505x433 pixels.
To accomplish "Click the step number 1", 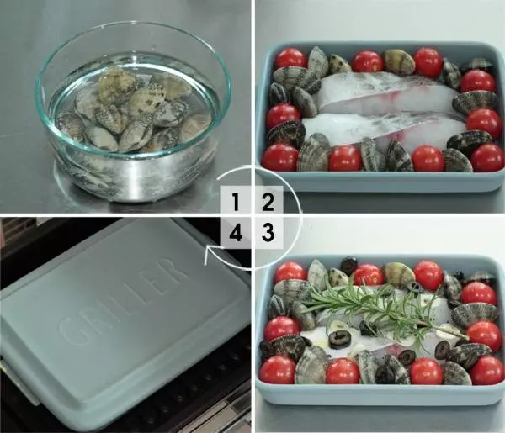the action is pos(236,203).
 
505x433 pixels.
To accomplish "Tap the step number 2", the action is pos(268,203).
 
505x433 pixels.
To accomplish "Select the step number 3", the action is pos(268,232).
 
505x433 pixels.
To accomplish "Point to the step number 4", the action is pos(236,232).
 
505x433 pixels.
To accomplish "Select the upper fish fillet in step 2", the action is pos(386,92).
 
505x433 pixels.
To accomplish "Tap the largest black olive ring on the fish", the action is pos(339,340).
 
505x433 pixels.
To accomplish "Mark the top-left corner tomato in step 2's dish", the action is pos(290,59).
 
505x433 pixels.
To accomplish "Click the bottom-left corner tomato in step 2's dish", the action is pos(280,157).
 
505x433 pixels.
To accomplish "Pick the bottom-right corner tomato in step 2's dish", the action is pos(487,157).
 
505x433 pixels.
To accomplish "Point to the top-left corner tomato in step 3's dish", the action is pos(290,272).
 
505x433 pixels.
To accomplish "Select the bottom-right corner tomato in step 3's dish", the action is pos(486,370).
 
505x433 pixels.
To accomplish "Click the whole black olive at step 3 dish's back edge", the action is pos(348,265).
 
